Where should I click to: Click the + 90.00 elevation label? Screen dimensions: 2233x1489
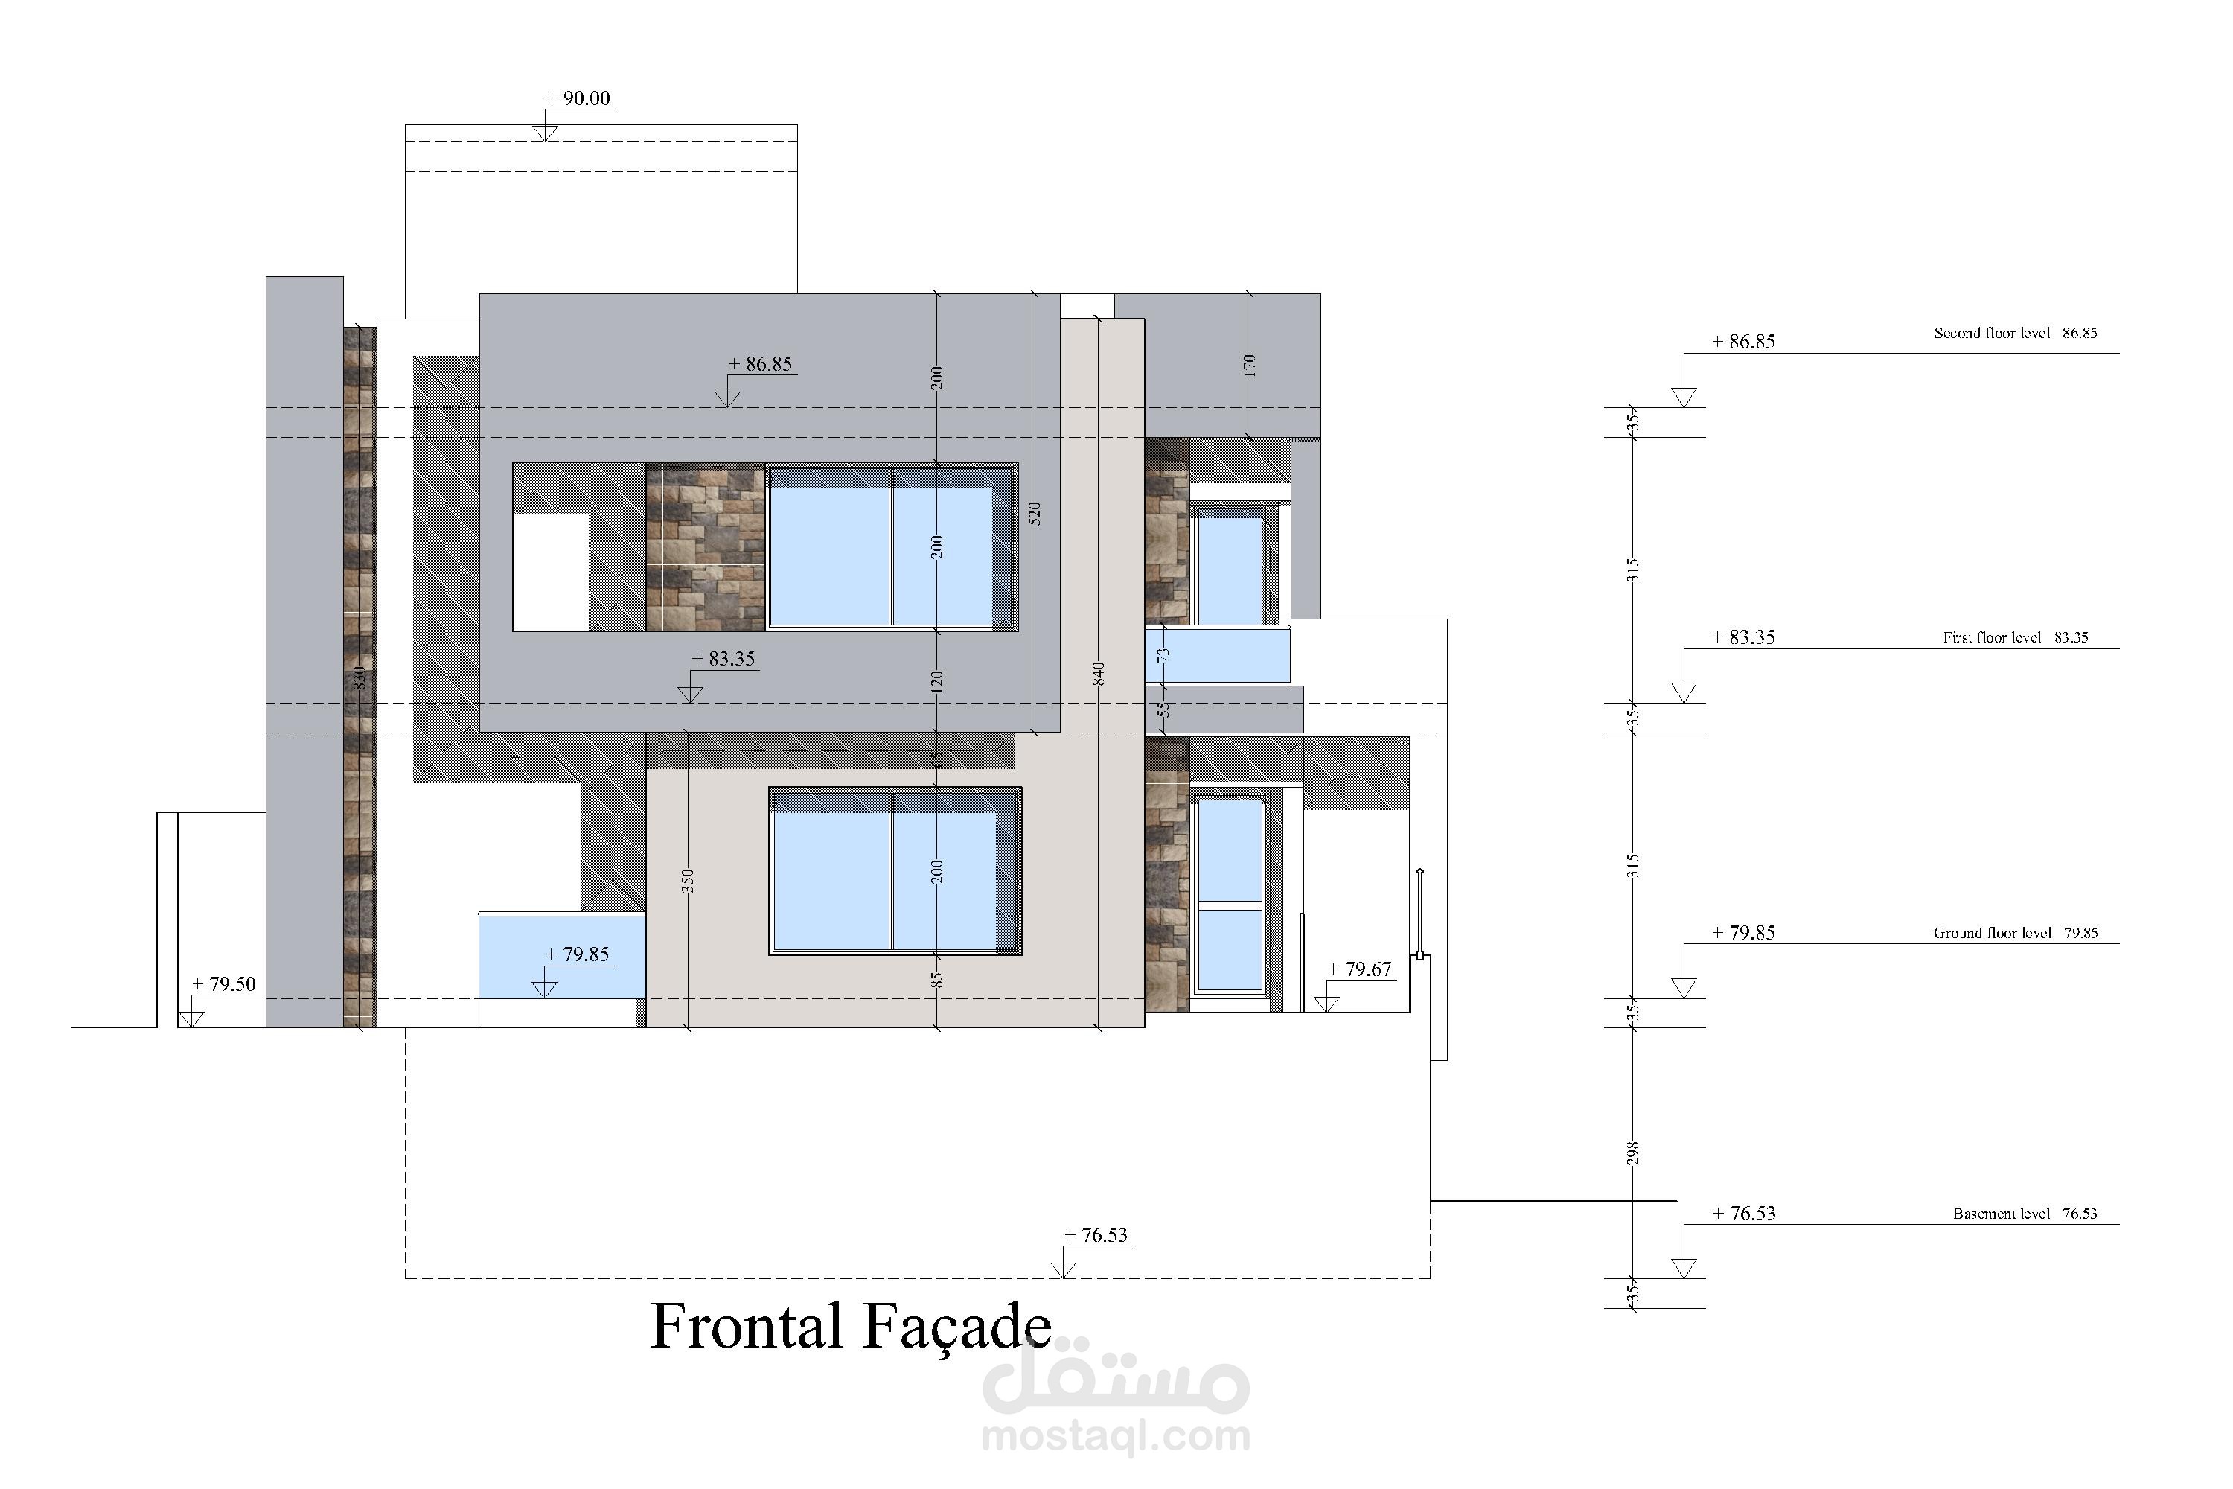point(578,98)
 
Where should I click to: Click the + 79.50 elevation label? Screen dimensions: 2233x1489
point(224,983)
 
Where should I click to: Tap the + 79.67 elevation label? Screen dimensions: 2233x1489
point(1360,969)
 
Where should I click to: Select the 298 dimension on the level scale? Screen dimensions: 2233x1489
point(1633,1152)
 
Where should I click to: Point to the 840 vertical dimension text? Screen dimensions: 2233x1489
point(1099,675)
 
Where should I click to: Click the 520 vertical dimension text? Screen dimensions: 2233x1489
point(1035,514)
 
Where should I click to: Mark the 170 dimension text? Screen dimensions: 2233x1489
point(1250,366)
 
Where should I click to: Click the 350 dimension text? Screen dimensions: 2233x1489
point(687,880)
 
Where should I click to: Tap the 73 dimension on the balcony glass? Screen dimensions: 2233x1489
point(1163,654)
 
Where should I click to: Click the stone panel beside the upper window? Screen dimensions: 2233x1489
point(706,547)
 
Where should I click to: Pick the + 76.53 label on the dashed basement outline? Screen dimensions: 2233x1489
point(1096,1234)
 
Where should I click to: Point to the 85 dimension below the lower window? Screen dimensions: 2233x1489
point(936,979)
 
